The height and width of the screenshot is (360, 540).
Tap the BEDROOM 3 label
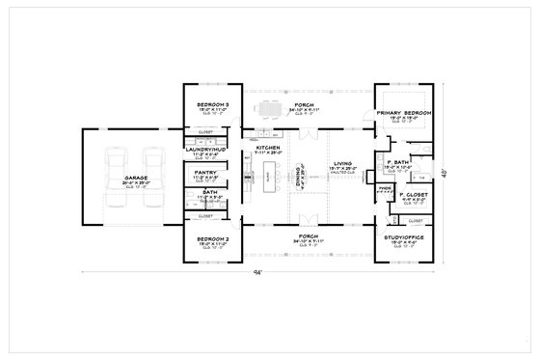point(212,103)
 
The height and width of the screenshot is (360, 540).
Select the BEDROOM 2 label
point(212,237)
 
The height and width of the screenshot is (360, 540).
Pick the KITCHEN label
point(267,148)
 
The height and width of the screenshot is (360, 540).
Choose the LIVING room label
point(343,164)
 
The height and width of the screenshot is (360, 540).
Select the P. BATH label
point(399,162)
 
